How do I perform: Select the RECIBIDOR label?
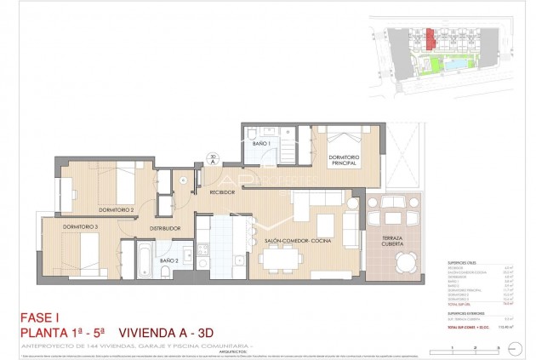point(223,192)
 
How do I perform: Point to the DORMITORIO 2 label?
point(117,209)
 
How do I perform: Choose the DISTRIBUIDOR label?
point(166,228)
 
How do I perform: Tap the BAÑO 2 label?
point(169,260)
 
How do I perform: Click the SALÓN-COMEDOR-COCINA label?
point(297,242)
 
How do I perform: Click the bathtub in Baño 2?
point(138,259)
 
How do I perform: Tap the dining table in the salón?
point(273,262)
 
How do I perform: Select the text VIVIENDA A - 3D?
point(163,333)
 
